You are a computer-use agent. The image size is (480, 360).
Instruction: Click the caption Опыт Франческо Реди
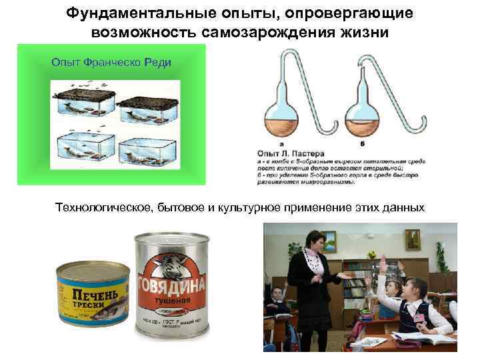[111, 62]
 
